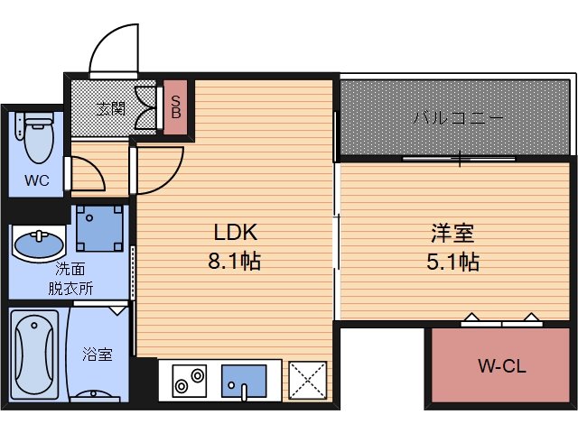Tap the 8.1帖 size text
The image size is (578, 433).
(x=237, y=262)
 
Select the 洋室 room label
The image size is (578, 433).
(x=452, y=232)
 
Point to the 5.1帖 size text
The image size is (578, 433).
(x=452, y=262)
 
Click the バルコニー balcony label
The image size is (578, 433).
(x=458, y=118)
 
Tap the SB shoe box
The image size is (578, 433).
(x=176, y=107)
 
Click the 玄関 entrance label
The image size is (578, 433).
(x=111, y=109)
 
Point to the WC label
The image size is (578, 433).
(x=36, y=180)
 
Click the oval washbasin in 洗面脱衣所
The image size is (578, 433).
(x=39, y=244)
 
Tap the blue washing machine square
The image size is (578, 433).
(x=98, y=229)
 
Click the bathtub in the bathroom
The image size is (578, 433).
(x=35, y=354)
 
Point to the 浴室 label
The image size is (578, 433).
(x=98, y=355)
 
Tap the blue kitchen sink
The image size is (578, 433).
(x=244, y=381)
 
